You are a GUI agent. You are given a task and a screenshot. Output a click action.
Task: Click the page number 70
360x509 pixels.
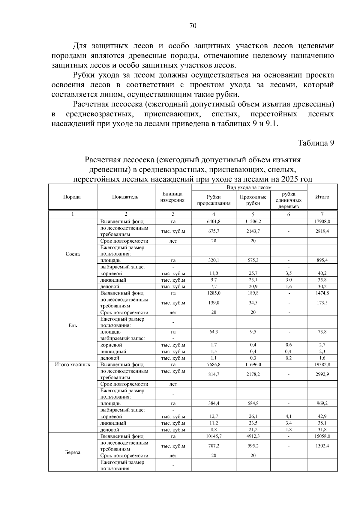point(193,26)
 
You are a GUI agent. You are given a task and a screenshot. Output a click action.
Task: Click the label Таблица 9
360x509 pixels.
point(316,143)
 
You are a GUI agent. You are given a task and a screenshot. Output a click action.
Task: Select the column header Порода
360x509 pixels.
point(72,197)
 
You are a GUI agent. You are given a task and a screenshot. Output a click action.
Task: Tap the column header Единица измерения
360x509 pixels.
point(172,197)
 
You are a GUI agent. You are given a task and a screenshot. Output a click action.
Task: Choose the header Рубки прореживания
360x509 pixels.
point(214,200)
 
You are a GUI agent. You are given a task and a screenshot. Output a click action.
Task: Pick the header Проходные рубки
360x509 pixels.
point(253,200)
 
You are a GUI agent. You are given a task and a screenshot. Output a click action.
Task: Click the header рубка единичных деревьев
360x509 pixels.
point(288,200)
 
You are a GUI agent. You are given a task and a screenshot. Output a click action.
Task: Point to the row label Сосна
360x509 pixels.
point(73,254)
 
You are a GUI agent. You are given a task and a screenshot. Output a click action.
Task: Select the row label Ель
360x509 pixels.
point(73,325)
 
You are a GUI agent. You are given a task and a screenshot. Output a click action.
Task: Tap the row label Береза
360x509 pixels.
point(73,452)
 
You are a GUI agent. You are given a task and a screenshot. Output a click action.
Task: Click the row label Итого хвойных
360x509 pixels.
point(73,365)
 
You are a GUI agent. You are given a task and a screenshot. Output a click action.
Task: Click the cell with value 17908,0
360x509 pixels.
point(322,222)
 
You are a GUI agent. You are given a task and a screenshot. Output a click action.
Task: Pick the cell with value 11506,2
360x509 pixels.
point(253,222)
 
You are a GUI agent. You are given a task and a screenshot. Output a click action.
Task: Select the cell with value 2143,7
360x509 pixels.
point(253,231)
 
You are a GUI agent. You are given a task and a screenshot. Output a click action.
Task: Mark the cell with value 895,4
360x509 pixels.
point(322,260)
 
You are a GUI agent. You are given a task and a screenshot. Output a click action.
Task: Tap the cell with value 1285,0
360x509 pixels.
point(214,293)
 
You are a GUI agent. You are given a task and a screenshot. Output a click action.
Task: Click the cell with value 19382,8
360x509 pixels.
point(322,365)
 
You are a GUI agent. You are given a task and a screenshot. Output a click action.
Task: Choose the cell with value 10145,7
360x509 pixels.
point(214,436)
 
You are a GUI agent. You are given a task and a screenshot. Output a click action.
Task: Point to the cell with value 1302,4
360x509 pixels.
point(322,446)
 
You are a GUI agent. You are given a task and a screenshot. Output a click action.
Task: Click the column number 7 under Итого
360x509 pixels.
point(322,214)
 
